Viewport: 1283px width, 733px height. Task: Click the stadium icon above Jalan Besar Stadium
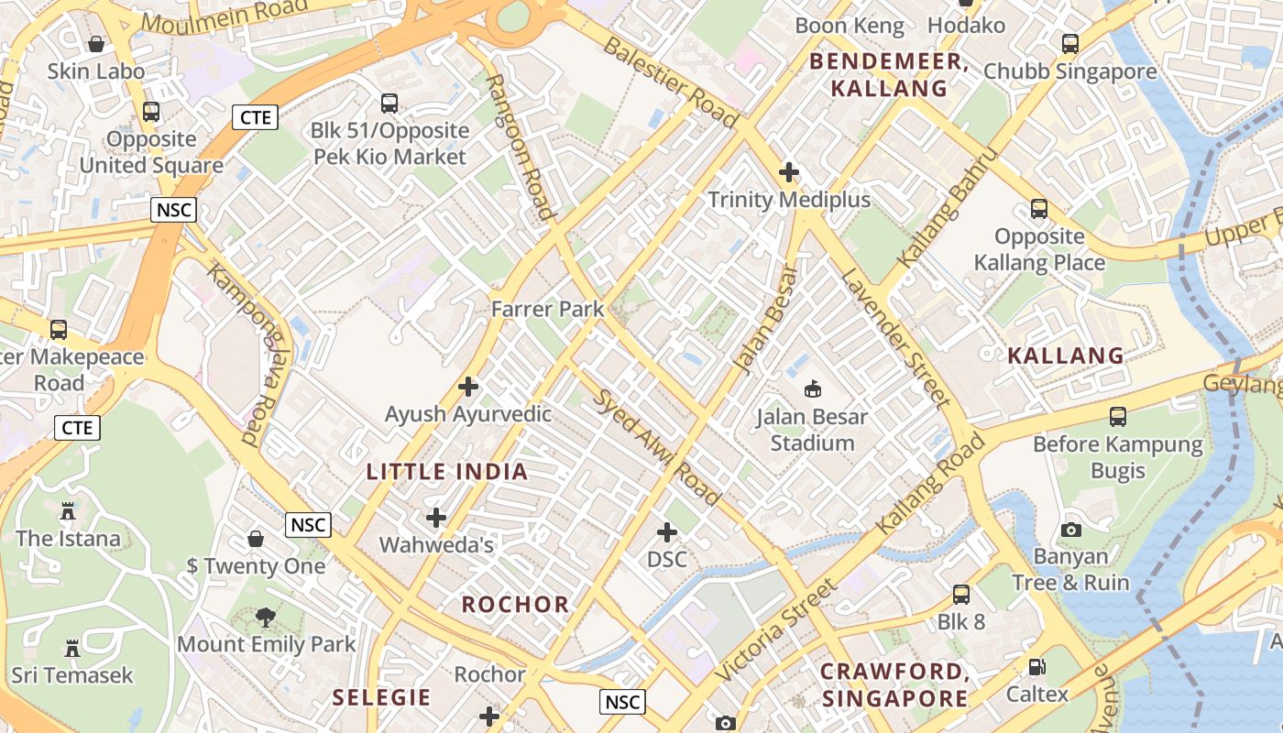coord(812,389)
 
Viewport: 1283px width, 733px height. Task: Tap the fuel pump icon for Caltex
coord(1037,667)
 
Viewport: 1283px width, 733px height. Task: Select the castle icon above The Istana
coord(68,511)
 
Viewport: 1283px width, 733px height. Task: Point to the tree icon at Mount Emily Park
coord(266,618)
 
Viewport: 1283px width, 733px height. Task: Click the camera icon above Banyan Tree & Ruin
coord(1070,530)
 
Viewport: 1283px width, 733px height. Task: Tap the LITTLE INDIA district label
coord(447,472)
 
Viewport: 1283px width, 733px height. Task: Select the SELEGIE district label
coord(381,697)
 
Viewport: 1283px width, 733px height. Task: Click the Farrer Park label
coord(548,309)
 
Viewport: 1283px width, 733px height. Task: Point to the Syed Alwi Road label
coord(657,447)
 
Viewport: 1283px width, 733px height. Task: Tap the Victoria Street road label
coord(776,629)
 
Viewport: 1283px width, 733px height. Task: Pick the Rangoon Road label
coord(521,147)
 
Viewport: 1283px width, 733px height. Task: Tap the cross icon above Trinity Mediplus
coord(789,172)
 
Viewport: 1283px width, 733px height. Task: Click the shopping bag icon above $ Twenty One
coord(256,539)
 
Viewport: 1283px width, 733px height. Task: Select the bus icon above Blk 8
coord(960,595)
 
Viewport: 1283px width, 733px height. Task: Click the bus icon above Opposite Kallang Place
coord(1038,209)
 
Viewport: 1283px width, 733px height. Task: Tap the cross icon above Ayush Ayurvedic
coord(468,387)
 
